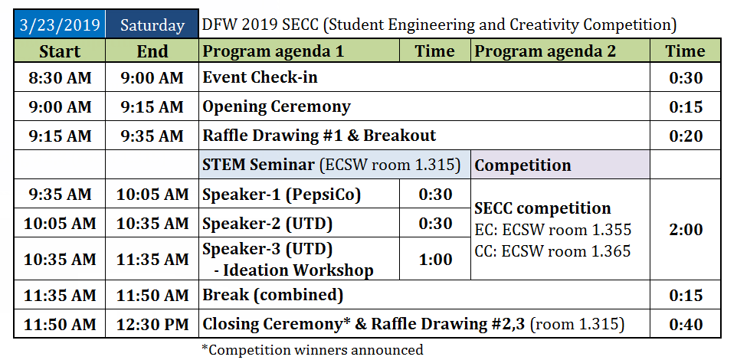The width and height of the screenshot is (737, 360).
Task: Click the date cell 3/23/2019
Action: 60,25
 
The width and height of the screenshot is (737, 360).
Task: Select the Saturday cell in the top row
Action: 152,25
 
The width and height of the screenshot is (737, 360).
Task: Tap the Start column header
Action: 60,51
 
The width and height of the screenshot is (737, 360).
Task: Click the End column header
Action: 152,51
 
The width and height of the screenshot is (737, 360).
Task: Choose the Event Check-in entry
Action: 260,77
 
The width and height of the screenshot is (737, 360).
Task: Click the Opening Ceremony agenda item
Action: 277,106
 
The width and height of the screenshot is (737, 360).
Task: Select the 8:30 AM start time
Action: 60,77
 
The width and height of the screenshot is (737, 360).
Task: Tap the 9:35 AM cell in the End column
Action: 152,136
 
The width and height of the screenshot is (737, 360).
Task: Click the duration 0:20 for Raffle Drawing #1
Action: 686,136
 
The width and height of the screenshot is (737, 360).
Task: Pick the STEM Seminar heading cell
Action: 335,165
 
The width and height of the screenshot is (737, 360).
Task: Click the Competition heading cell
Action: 560,165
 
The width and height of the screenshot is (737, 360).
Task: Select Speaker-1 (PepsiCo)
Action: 281,195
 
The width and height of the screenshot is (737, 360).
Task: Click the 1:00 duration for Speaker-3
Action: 435,259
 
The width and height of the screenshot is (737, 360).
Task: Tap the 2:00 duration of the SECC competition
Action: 686,230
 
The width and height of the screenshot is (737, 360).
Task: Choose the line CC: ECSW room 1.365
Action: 552,251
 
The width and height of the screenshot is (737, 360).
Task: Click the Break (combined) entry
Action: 273,295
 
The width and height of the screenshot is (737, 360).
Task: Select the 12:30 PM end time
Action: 152,324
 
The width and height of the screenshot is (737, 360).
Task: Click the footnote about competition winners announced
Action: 312,350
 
